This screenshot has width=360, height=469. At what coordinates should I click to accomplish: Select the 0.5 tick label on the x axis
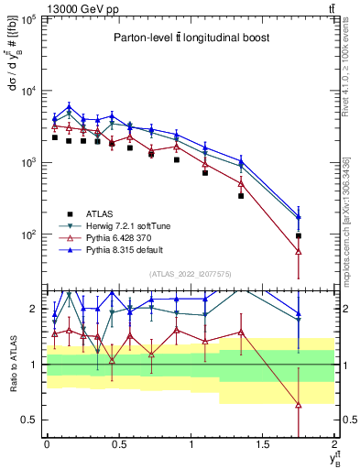pos(118,445)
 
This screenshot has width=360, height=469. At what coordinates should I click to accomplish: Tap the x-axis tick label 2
pos(335,445)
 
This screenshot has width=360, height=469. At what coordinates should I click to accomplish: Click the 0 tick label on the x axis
pos(47,445)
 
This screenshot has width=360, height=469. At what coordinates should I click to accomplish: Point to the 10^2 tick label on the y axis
pos(28,235)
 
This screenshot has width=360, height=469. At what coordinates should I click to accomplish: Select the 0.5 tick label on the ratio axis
pos(29,420)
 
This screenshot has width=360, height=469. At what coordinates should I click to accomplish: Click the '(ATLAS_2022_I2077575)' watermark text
pos(190,274)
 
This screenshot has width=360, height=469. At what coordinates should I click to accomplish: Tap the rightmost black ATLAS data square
pos(299,236)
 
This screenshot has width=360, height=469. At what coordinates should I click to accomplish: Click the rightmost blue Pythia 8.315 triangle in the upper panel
pos(299,216)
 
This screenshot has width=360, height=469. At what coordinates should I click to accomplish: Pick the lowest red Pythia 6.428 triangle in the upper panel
pos(299,251)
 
